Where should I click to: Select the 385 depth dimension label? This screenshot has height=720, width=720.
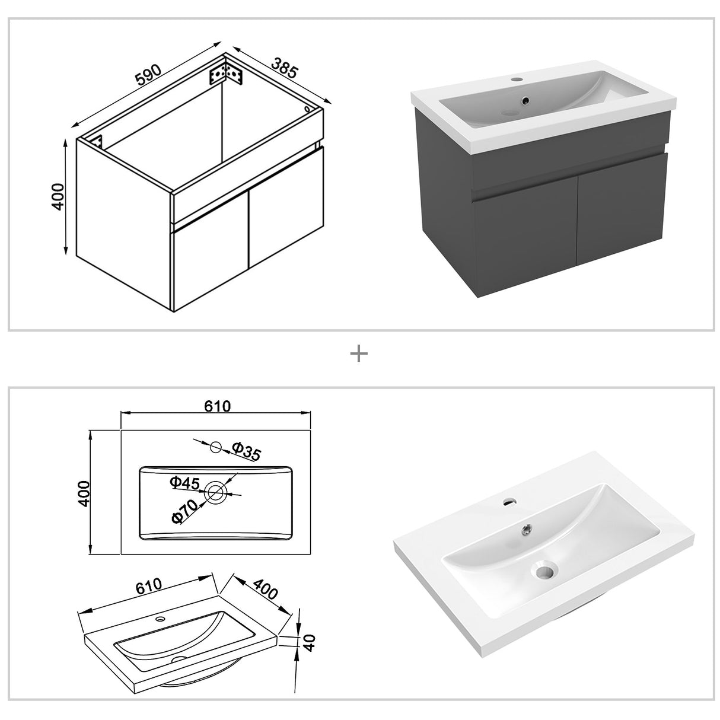pos(284,68)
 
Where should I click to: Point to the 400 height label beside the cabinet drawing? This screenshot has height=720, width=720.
pos(58,196)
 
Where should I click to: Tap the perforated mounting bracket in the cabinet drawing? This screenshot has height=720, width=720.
pos(226,74)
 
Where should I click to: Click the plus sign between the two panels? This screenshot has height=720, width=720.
pos(359,354)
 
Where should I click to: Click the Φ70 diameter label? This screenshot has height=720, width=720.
pos(184,509)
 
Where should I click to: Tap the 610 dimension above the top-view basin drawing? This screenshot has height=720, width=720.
pos(217,406)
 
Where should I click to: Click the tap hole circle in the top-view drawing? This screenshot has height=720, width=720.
pos(216,447)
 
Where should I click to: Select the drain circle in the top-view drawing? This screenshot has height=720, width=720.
pos(215,491)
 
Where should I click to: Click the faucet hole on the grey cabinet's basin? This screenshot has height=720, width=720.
pos(515,78)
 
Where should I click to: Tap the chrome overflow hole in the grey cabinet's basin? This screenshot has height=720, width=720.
pos(525,101)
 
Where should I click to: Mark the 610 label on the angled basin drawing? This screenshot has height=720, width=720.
pos(148,587)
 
